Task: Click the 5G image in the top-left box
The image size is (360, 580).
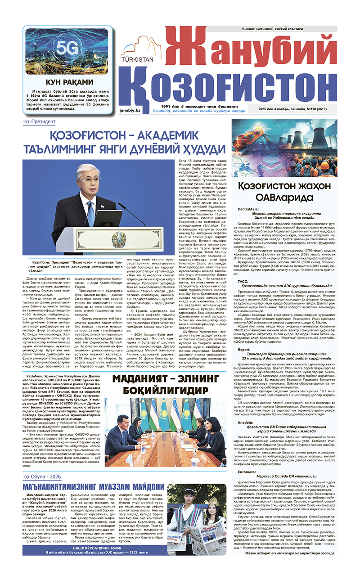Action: [66, 51]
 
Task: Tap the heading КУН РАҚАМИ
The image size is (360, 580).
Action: [67, 82]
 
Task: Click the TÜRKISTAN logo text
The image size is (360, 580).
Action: [137, 58]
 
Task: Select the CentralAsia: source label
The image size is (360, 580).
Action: [248, 210]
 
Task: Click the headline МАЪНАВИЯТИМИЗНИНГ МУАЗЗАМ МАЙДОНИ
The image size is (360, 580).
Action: [93, 487]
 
